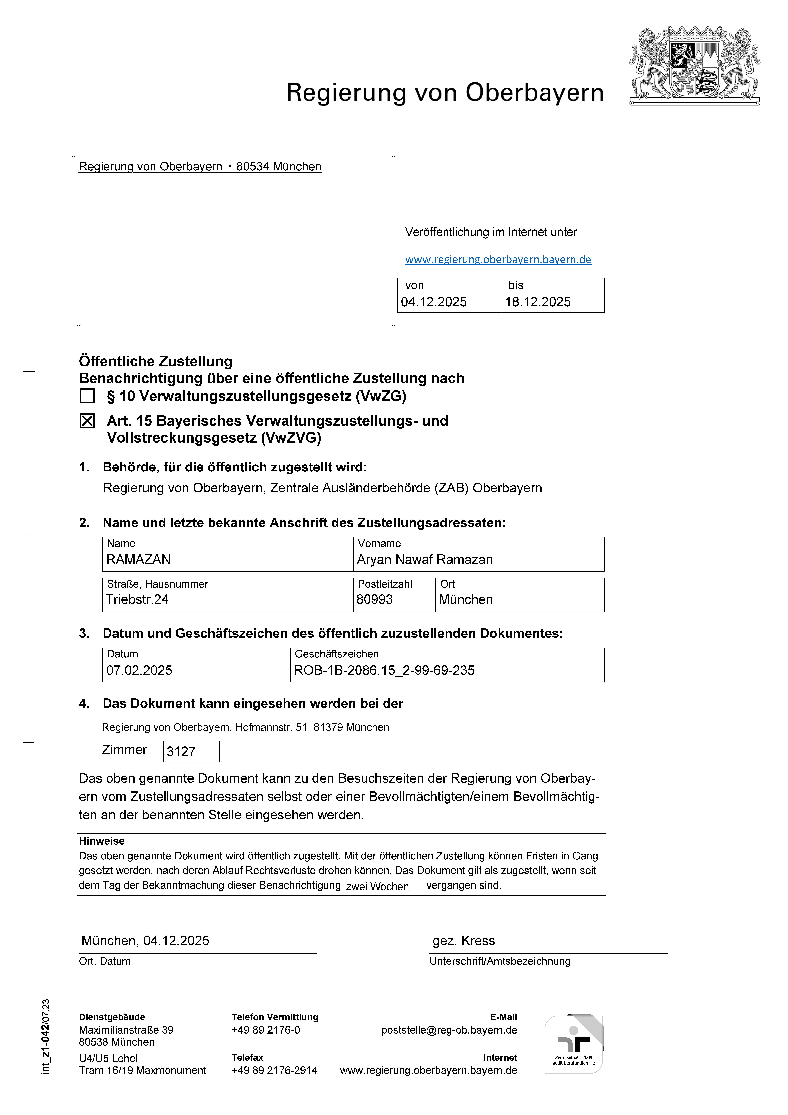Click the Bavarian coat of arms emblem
[694, 66]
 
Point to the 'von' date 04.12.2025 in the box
[434, 302]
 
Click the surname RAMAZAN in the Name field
[138, 559]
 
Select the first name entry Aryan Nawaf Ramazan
[425, 559]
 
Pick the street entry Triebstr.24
[137, 600]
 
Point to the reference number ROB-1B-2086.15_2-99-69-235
[384, 671]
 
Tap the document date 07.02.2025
[139, 671]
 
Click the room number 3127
[181, 752]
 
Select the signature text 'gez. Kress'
[464, 941]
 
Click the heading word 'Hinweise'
[102, 841]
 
